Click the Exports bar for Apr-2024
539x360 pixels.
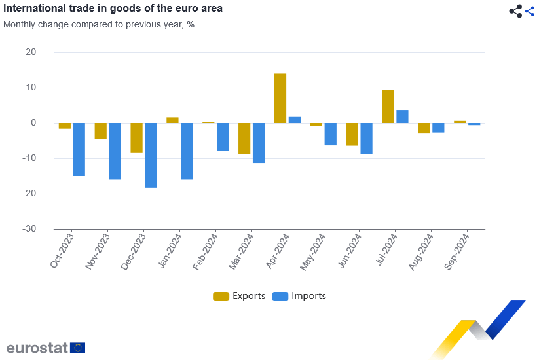click(280, 98)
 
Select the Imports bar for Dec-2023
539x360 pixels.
click(151, 155)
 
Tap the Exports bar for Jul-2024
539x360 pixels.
click(388, 107)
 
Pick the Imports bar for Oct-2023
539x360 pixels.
click(79, 149)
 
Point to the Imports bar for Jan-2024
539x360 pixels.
click(187, 151)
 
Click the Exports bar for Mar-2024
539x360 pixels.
click(244, 138)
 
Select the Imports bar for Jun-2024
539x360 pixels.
click(366, 138)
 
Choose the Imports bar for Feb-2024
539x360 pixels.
click(223, 137)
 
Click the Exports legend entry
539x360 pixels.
click(239, 296)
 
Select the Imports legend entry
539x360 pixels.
click(299, 296)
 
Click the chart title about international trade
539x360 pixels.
click(113, 9)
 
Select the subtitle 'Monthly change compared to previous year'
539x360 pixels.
click(99, 25)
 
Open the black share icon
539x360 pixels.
click(515, 10)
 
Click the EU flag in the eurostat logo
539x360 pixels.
click(78, 348)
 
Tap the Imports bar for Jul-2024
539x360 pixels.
click(402, 117)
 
